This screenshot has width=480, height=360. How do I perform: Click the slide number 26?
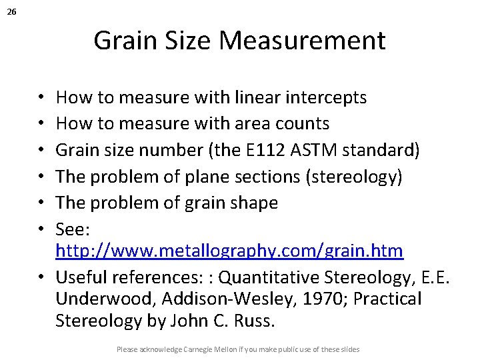pyautogui.click(x=13, y=12)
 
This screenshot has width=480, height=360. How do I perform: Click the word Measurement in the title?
pyautogui.click(x=302, y=41)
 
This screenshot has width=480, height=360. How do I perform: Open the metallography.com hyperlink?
pyautogui.click(x=229, y=251)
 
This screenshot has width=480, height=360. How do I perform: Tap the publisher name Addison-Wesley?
pyautogui.click(x=215, y=299)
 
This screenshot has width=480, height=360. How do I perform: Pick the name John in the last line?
pyautogui.click(x=189, y=321)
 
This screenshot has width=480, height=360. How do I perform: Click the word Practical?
pyautogui.click(x=387, y=299)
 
